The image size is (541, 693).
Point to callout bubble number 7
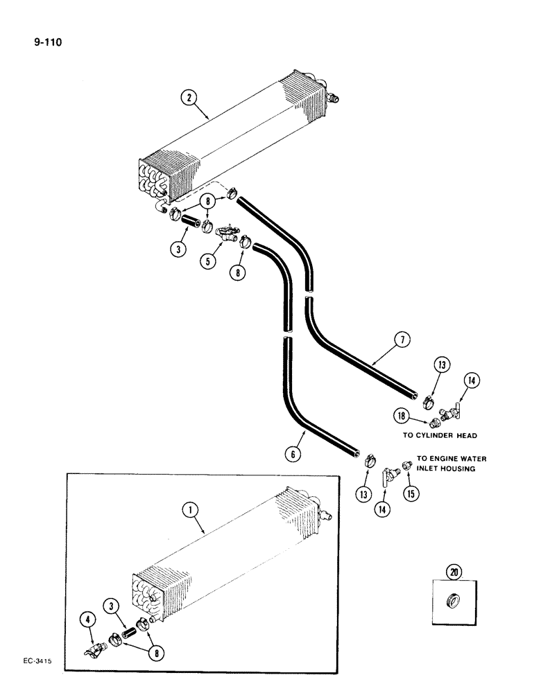[x=404, y=340]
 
